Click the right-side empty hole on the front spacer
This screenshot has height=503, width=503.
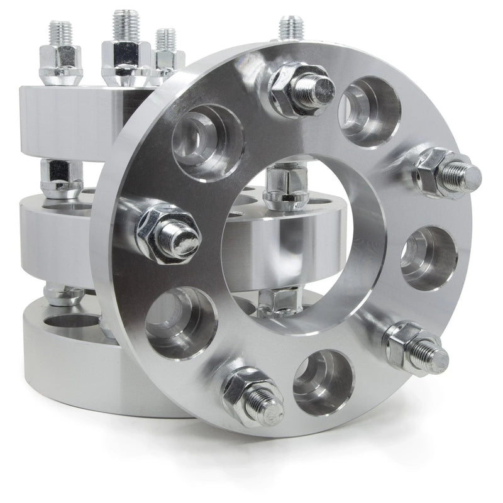click(x=428, y=258)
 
